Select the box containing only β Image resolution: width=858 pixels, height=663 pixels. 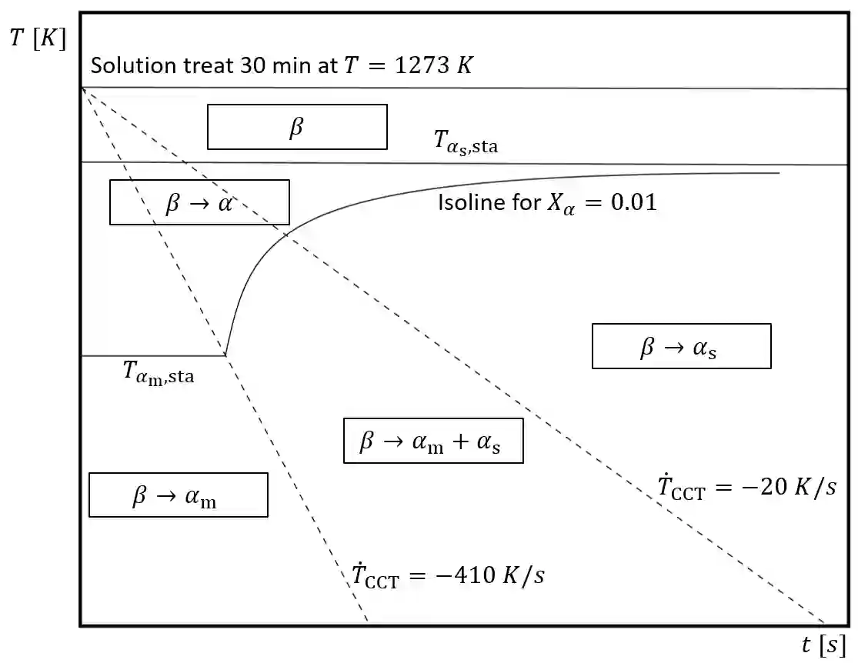pos(297,127)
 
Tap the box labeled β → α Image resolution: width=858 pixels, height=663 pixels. pos(199,202)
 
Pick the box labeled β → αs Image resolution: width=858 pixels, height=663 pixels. pos(681,346)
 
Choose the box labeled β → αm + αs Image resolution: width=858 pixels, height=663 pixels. pos(433,441)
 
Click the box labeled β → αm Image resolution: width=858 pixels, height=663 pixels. pos(179,495)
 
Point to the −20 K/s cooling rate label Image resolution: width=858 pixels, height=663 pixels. pos(746,488)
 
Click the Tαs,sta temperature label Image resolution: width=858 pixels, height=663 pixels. pos(466,142)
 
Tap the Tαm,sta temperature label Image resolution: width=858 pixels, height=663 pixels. pos(159,372)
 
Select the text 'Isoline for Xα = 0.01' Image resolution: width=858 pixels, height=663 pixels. pos(547,203)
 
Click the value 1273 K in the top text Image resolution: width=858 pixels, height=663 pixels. pos(432,65)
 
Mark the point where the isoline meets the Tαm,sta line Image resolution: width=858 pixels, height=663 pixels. pos(225,355)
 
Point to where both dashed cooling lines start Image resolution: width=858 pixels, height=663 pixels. pos(82,89)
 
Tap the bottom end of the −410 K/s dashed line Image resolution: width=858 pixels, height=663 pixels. pos(367,621)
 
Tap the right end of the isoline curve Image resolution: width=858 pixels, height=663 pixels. pos(779,174)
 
